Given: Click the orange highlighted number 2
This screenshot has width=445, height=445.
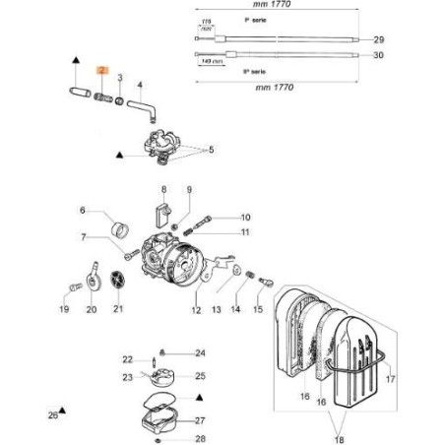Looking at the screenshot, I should (x=99, y=70).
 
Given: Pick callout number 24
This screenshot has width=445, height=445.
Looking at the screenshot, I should (x=200, y=352).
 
